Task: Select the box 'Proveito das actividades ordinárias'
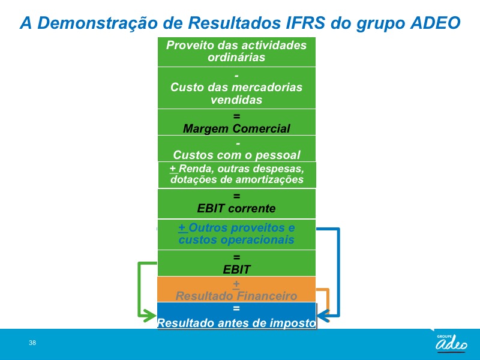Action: pyautogui.click(x=236, y=52)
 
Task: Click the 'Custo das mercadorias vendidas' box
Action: pyautogui.click(x=236, y=88)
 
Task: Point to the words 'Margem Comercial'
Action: pyautogui.click(x=236, y=128)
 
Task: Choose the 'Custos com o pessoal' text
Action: pyautogui.click(x=236, y=155)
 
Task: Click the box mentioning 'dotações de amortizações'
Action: pyautogui.click(x=237, y=175)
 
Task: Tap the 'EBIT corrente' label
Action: pyautogui.click(x=236, y=208)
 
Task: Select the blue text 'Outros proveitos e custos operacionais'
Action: pyautogui.click(x=236, y=233)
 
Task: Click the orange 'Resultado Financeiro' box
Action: pyautogui.click(x=236, y=290)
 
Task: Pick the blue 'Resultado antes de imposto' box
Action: pyautogui.click(x=236, y=316)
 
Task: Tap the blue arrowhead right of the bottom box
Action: pyautogui.click(x=323, y=316)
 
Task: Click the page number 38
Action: pyautogui.click(x=32, y=343)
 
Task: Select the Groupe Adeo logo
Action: pyautogui.click(x=451, y=342)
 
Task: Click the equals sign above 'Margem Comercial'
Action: pyautogui.click(x=236, y=116)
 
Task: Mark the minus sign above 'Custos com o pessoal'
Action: pyautogui.click(x=238, y=143)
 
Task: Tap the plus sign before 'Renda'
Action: pyautogui.click(x=173, y=169)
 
